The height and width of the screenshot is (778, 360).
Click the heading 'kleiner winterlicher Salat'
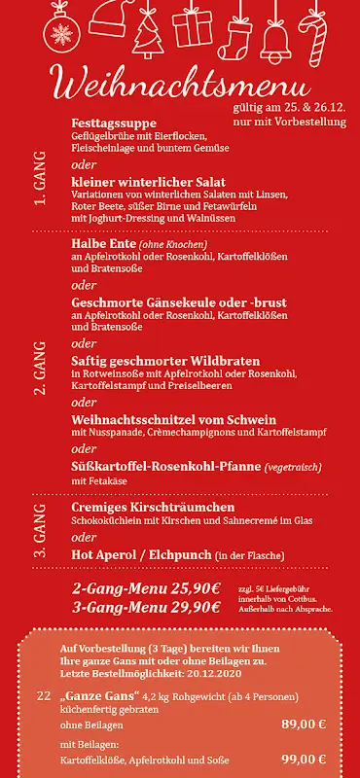149,182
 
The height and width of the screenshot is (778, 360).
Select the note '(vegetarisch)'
293,468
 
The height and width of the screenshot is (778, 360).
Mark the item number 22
43,696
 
